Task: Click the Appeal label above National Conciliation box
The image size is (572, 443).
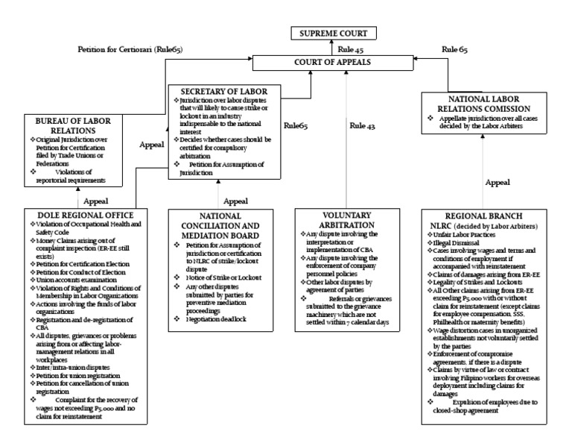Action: tap(235, 201)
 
